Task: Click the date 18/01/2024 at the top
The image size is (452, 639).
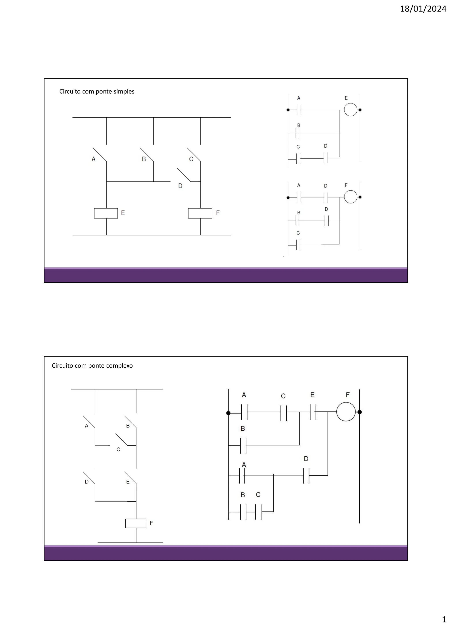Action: [423, 9]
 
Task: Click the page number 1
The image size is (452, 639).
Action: [444, 619]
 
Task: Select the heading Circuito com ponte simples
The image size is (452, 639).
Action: [97, 92]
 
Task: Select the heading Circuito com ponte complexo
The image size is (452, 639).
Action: [92, 366]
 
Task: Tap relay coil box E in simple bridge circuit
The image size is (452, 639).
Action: [106, 213]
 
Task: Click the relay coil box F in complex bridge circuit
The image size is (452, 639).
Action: [136, 523]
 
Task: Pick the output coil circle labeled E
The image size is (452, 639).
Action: [350, 110]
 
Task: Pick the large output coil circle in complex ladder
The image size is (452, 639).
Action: [346, 412]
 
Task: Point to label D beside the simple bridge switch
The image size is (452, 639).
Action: [180, 186]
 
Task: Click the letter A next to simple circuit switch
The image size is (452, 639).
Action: [94, 159]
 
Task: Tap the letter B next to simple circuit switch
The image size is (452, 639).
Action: [144, 159]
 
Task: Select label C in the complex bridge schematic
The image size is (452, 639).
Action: [118, 449]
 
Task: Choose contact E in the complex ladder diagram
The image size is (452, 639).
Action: [313, 412]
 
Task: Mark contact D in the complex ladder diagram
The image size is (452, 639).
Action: [306, 476]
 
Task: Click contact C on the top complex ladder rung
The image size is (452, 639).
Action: [284, 412]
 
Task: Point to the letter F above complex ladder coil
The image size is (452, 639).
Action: [348, 395]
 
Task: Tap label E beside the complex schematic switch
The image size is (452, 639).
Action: [128, 482]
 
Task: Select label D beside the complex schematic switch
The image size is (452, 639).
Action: [87, 482]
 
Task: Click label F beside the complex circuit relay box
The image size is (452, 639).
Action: [151, 523]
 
